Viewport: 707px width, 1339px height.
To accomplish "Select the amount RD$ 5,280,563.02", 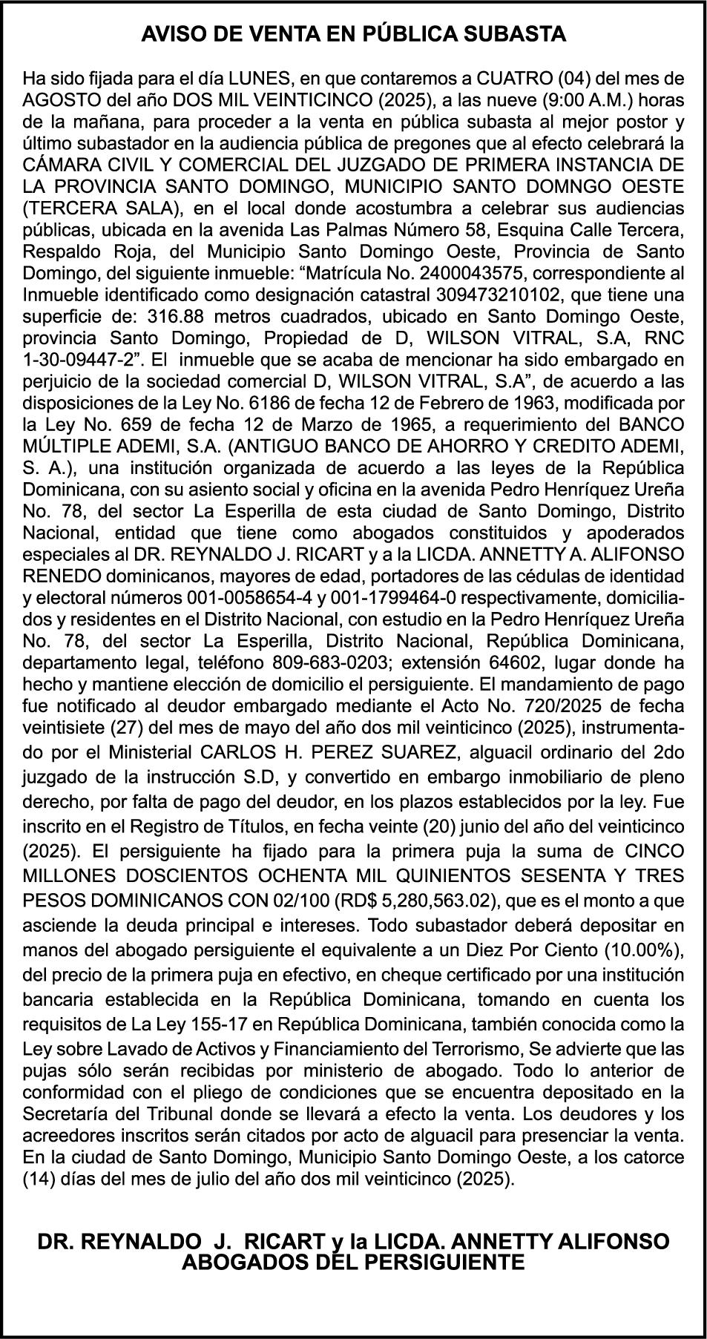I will point(412,901).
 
